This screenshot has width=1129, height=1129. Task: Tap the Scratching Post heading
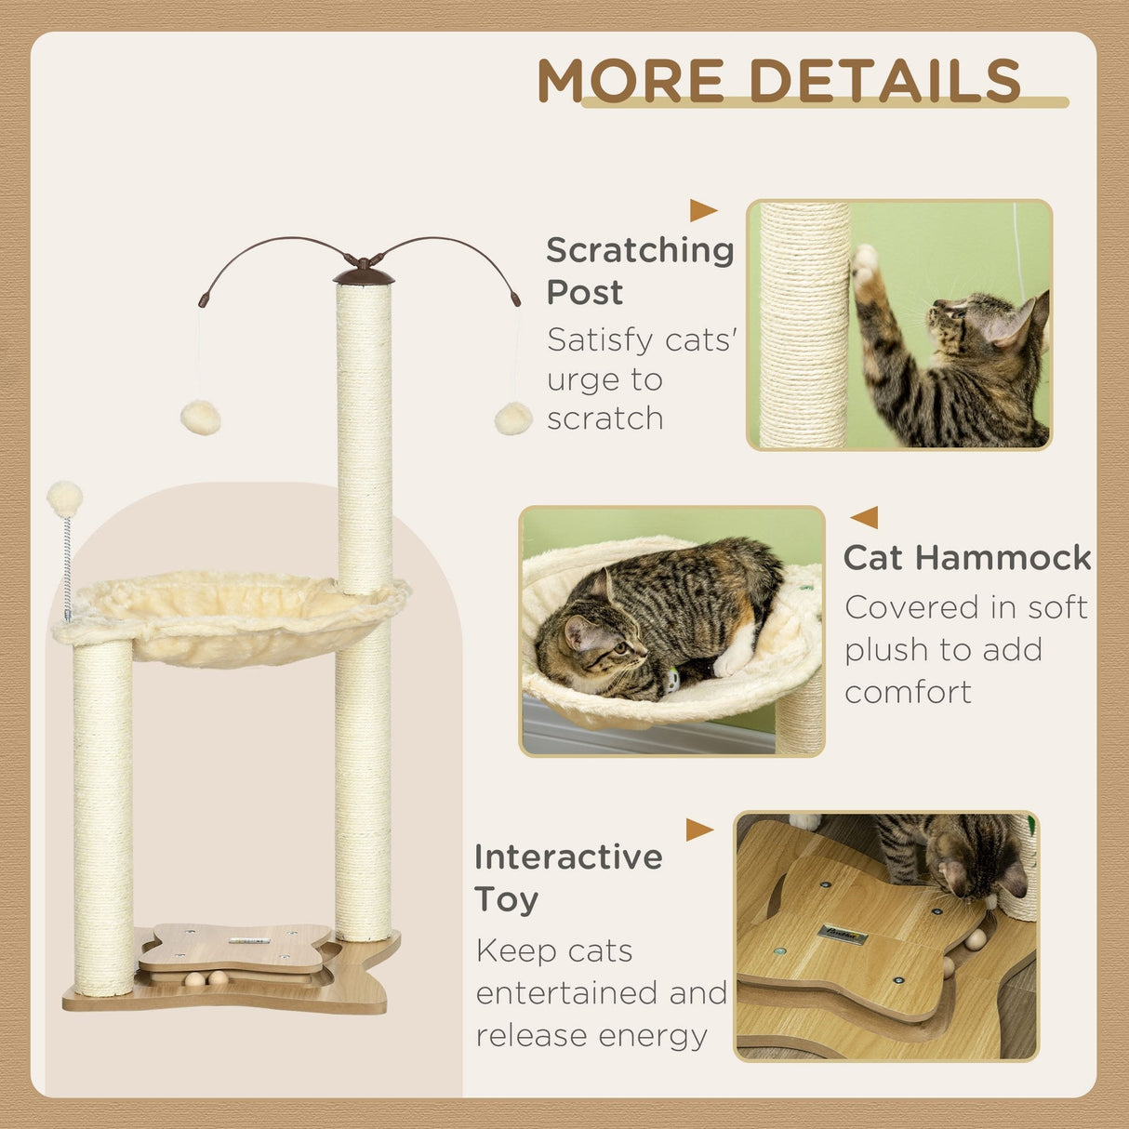[640, 271]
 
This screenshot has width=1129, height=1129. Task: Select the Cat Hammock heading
[967, 557]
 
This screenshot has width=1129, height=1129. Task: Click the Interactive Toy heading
[568, 877]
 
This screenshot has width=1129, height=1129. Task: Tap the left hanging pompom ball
[200, 418]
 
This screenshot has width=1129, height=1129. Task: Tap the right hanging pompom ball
[512, 418]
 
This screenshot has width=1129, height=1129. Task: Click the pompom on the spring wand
[64, 498]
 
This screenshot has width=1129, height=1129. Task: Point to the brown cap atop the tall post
[364, 274]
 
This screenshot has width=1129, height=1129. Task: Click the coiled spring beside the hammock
[67, 567]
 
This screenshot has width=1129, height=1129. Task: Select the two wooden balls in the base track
[206, 978]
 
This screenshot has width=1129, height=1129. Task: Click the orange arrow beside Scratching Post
[703, 210]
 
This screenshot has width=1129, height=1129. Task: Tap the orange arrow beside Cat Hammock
[864, 517]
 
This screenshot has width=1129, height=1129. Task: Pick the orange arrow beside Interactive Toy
[699, 830]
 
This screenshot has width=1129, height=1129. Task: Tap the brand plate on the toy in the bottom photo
[843, 934]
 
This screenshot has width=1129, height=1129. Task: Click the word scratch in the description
[604, 418]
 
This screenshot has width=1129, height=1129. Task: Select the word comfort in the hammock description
[908, 692]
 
